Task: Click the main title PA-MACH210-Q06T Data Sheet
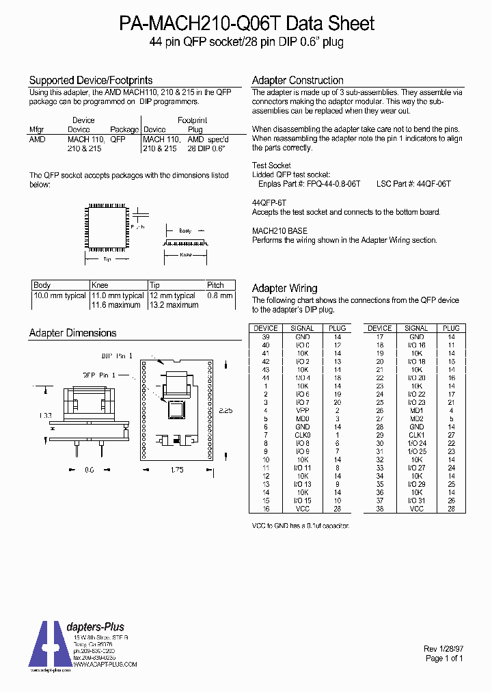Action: [x=247, y=24]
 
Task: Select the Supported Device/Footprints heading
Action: [x=91, y=80]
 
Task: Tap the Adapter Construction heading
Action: [x=298, y=80]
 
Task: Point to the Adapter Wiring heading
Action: [x=285, y=289]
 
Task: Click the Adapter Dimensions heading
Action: [x=73, y=333]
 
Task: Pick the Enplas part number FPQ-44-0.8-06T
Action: [x=333, y=185]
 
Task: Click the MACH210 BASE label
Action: [x=279, y=231]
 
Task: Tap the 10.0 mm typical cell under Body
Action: [x=60, y=296]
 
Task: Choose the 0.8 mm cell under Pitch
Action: [x=220, y=296]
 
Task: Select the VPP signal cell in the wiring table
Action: [x=303, y=410]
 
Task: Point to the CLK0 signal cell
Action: [x=303, y=435]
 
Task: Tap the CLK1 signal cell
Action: [x=417, y=435]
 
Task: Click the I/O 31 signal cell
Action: [x=417, y=501]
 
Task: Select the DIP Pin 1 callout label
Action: [x=118, y=356]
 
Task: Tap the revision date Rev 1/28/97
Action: [x=444, y=649]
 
